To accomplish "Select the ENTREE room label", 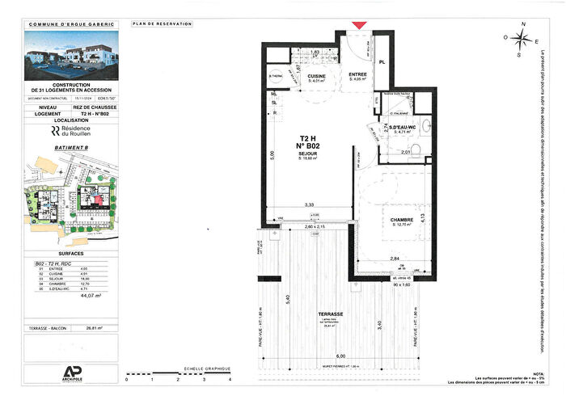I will [x=358, y=75].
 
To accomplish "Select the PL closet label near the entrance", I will [x=382, y=61].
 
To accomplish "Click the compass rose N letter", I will [x=523, y=24].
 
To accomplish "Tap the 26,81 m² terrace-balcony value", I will [x=95, y=328].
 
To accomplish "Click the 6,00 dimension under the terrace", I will [x=341, y=356].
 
